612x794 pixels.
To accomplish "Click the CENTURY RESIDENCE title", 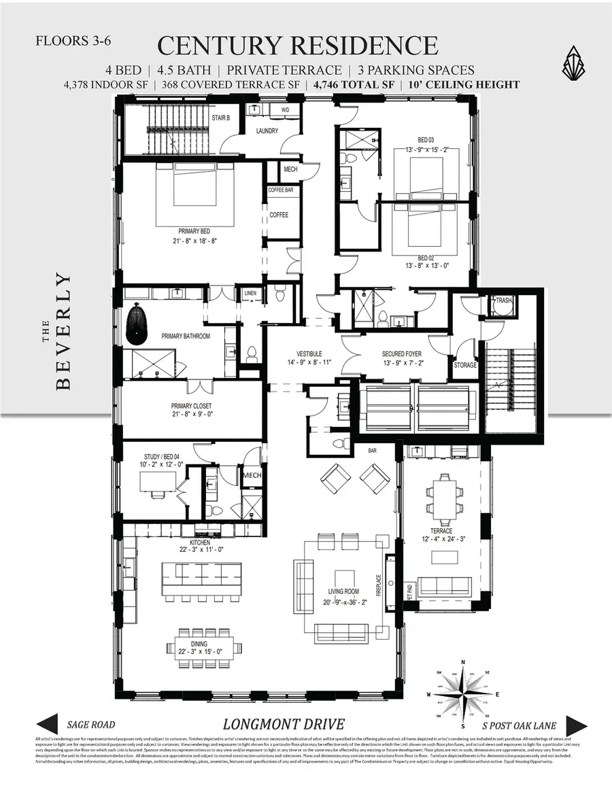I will pyautogui.click(x=297, y=46).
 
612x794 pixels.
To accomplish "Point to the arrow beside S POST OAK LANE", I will pyautogui.click(x=576, y=725).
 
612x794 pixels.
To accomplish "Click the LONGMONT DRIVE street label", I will pyautogui.click(x=284, y=724).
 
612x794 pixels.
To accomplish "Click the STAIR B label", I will pyautogui.click(x=221, y=118).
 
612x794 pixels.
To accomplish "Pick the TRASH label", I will pyautogui.click(x=503, y=300).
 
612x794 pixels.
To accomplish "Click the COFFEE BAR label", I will pyautogui.click(x=281, y=190).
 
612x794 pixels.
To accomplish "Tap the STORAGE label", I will pyautogui.click(x=466, y=365).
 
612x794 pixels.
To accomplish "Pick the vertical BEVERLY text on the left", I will pyautogui.click(x=63, y=331).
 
